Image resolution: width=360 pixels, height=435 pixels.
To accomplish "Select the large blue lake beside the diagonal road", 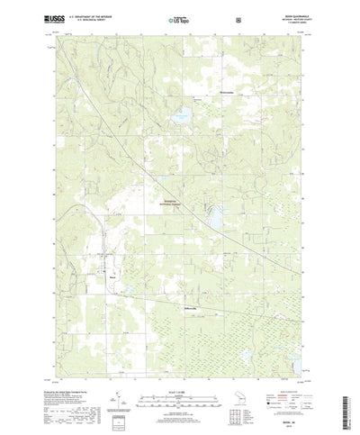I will [x=216, y=216].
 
